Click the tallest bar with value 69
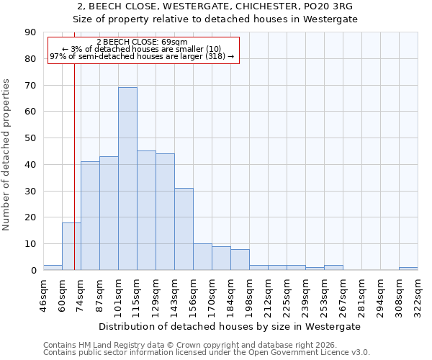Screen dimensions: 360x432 pos(127,179)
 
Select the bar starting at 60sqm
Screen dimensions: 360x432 pos(71,246)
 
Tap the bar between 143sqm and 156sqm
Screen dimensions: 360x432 pos(184,229)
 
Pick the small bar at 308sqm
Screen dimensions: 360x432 pos(408,269)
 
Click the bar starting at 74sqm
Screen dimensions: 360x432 pos(90,216)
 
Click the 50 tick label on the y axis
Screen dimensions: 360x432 pos(30,138)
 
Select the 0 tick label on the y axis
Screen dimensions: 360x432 pos(32,271)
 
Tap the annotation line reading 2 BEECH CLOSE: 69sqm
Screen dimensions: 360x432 pos(142,42)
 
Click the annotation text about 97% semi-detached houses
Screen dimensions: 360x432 pos(142,56)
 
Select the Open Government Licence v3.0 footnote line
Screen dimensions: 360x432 pos(207,352)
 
